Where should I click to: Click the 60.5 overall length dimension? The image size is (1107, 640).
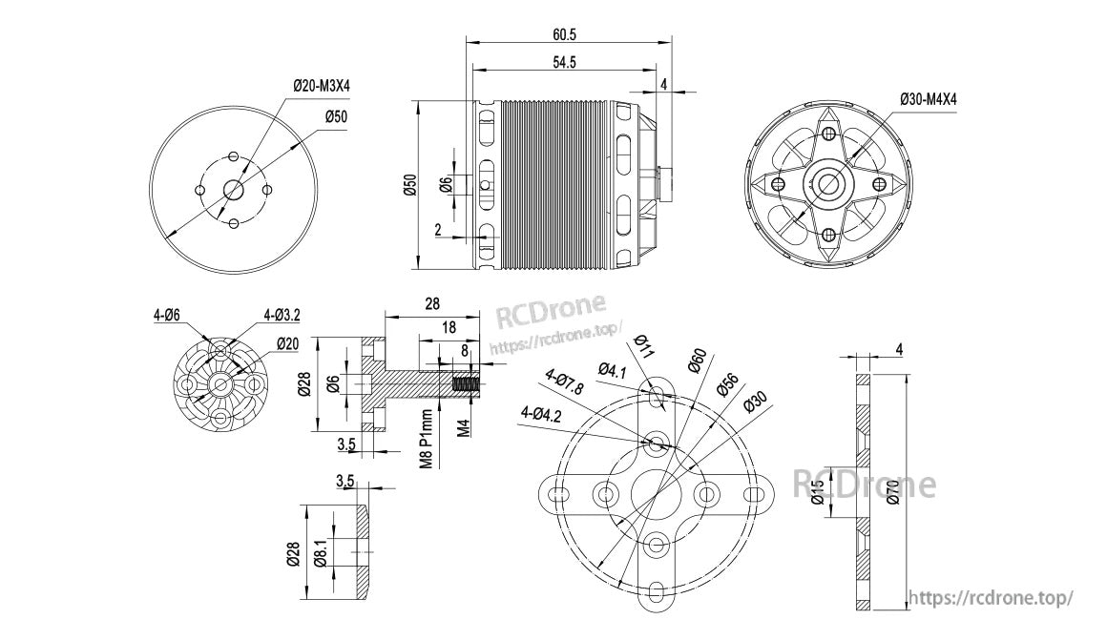[565, 34]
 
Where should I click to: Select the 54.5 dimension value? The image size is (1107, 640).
[564, 62]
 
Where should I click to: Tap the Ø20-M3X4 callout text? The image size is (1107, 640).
[322, 86]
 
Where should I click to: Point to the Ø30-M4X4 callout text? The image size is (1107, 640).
[929, 99]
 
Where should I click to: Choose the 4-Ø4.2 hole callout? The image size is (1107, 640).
[541, 414]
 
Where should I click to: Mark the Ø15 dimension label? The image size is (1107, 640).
[817, 491]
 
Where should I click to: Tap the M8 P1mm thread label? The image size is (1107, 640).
[427, 439]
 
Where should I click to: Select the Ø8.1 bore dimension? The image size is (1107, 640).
[320, 552]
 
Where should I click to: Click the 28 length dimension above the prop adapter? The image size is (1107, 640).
[432, 303]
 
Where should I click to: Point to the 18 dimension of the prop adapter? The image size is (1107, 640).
[449, 327]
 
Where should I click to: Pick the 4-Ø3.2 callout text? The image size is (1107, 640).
[282, 316]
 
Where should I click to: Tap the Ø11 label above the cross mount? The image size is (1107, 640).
[641, 346]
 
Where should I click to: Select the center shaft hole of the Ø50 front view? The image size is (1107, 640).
[232, 189]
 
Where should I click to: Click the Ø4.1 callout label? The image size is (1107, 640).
[612, 370]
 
